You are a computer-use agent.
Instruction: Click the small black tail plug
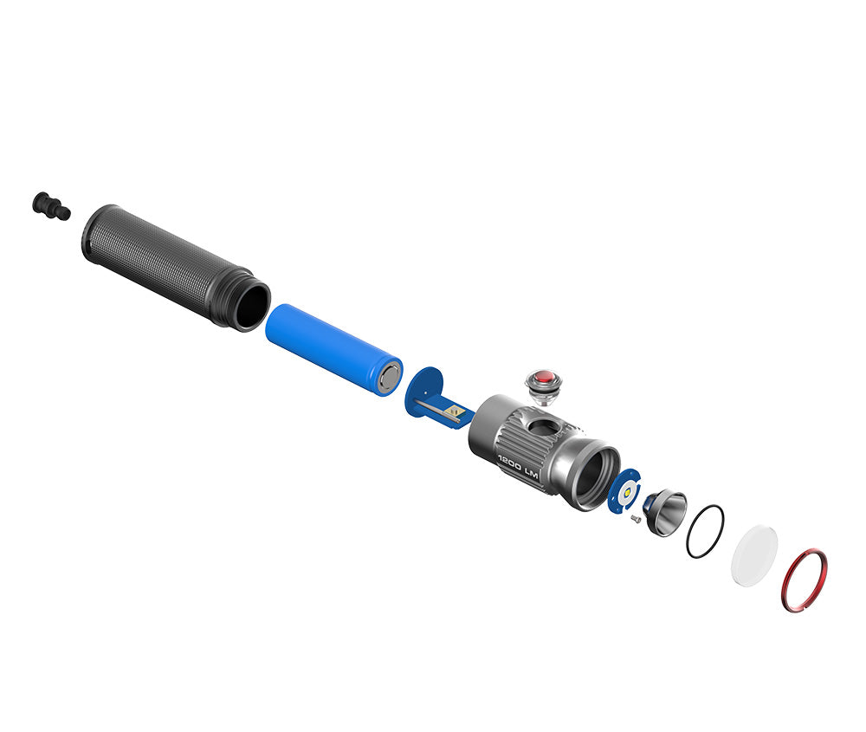tap(50, 206)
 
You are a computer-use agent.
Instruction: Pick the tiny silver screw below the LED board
tap(634, 519)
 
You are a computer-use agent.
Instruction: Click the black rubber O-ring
tap(705, 531)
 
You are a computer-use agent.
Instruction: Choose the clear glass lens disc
tap(753, 554)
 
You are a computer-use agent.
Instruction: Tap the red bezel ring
tap(804, 580)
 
